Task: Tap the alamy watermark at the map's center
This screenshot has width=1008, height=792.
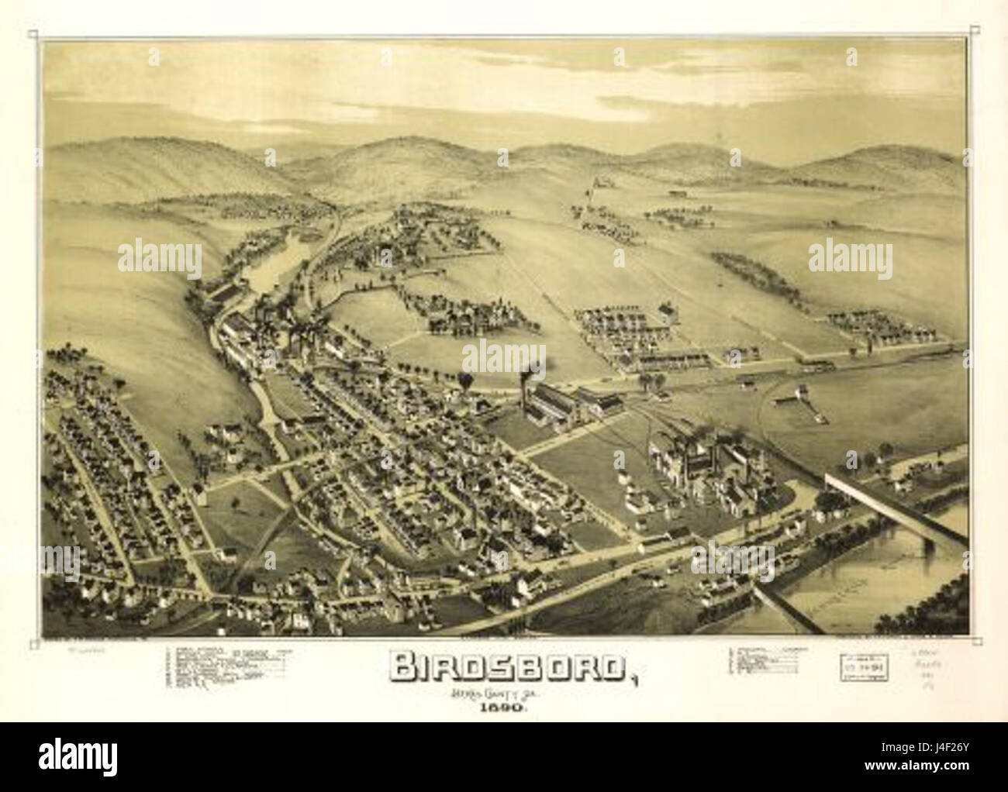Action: click(504, 357)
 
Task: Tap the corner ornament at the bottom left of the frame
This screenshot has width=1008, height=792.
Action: click(35, 642)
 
